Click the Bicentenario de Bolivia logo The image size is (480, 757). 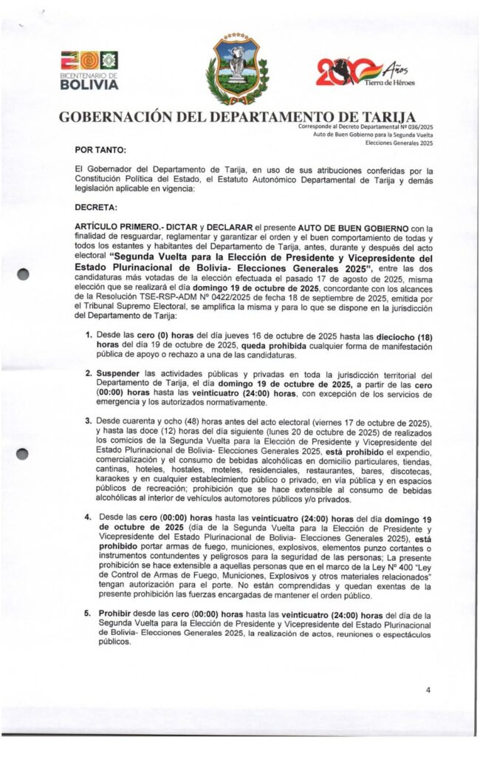[89, 70]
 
